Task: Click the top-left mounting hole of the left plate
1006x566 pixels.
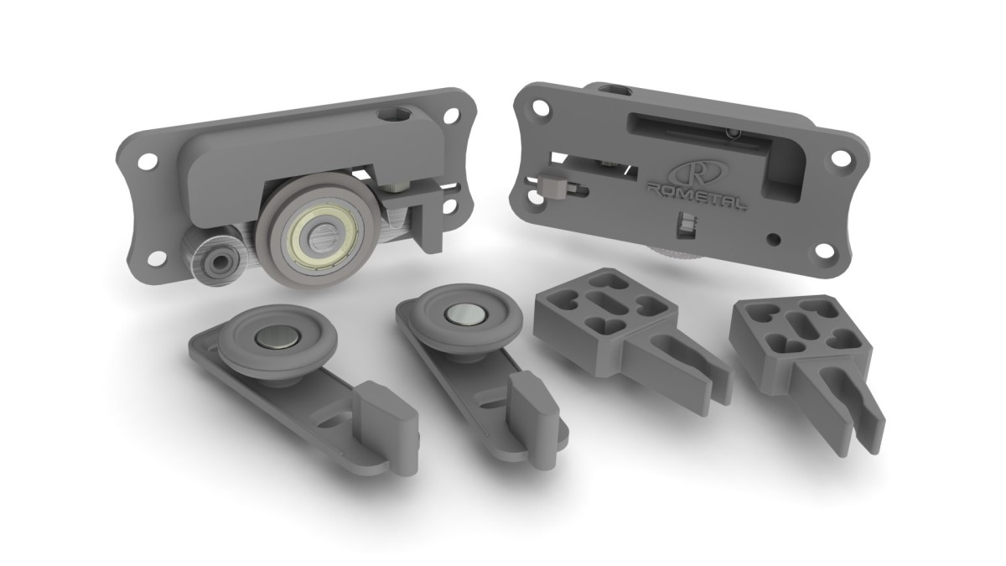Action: (x=147, y=162)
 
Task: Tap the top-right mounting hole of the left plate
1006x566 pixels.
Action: (x=451, y=115)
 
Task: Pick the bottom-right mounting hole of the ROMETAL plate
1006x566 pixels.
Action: (x=822, y=251)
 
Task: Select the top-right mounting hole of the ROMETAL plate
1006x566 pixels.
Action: (x=838, y=158)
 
